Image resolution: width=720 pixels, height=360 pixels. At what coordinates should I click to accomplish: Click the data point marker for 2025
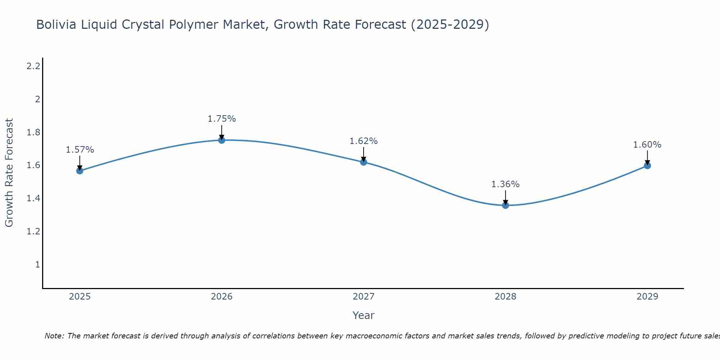pyautogui.click(x=80, y=171)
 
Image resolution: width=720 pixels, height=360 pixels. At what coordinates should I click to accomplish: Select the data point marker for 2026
pyautogui.click(x=222, y=140)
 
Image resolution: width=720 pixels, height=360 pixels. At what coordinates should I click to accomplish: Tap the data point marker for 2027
pyautogui.click(x=364, y=162)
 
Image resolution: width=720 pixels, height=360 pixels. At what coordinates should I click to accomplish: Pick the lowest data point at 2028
pyautogui.click(x=505, y=205)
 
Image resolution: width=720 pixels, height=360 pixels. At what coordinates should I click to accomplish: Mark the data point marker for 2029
pyautogui.click(x=647, y=166)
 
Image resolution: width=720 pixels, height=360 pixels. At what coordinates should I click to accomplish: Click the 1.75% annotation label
pyautogui.click(x=222, y=119)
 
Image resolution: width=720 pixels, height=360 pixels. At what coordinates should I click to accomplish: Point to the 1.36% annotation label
pyautogui.click(x=505, y=184)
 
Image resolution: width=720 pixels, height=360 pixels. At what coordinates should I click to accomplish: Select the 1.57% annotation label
pyautogui.click(x=80, y=150)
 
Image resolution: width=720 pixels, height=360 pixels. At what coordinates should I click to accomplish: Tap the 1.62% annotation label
pyautogui.click(x=364, y=141)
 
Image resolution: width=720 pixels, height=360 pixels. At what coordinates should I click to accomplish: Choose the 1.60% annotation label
pyautogui.click(x=647, y=145)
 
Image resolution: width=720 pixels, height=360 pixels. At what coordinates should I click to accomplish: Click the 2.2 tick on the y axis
pyautogui.click(x=33, y=66)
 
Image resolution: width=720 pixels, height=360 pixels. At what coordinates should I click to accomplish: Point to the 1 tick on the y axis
pyautogui.click(x=37, y=265)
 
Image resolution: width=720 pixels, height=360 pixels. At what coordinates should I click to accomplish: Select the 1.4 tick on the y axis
pyautogui.click(x=33, y=198)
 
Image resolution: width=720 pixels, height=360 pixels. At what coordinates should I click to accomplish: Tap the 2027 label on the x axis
pyautogui.click(x=364, y=297)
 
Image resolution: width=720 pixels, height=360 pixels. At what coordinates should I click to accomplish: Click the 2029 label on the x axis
pyautogui.click(x=647, y=297)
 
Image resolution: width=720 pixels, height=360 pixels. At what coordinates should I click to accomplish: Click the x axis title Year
pyautogui.click(x=364, y=315)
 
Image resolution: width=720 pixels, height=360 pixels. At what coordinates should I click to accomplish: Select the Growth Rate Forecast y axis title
pyautogui.click(x=9, y=173)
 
